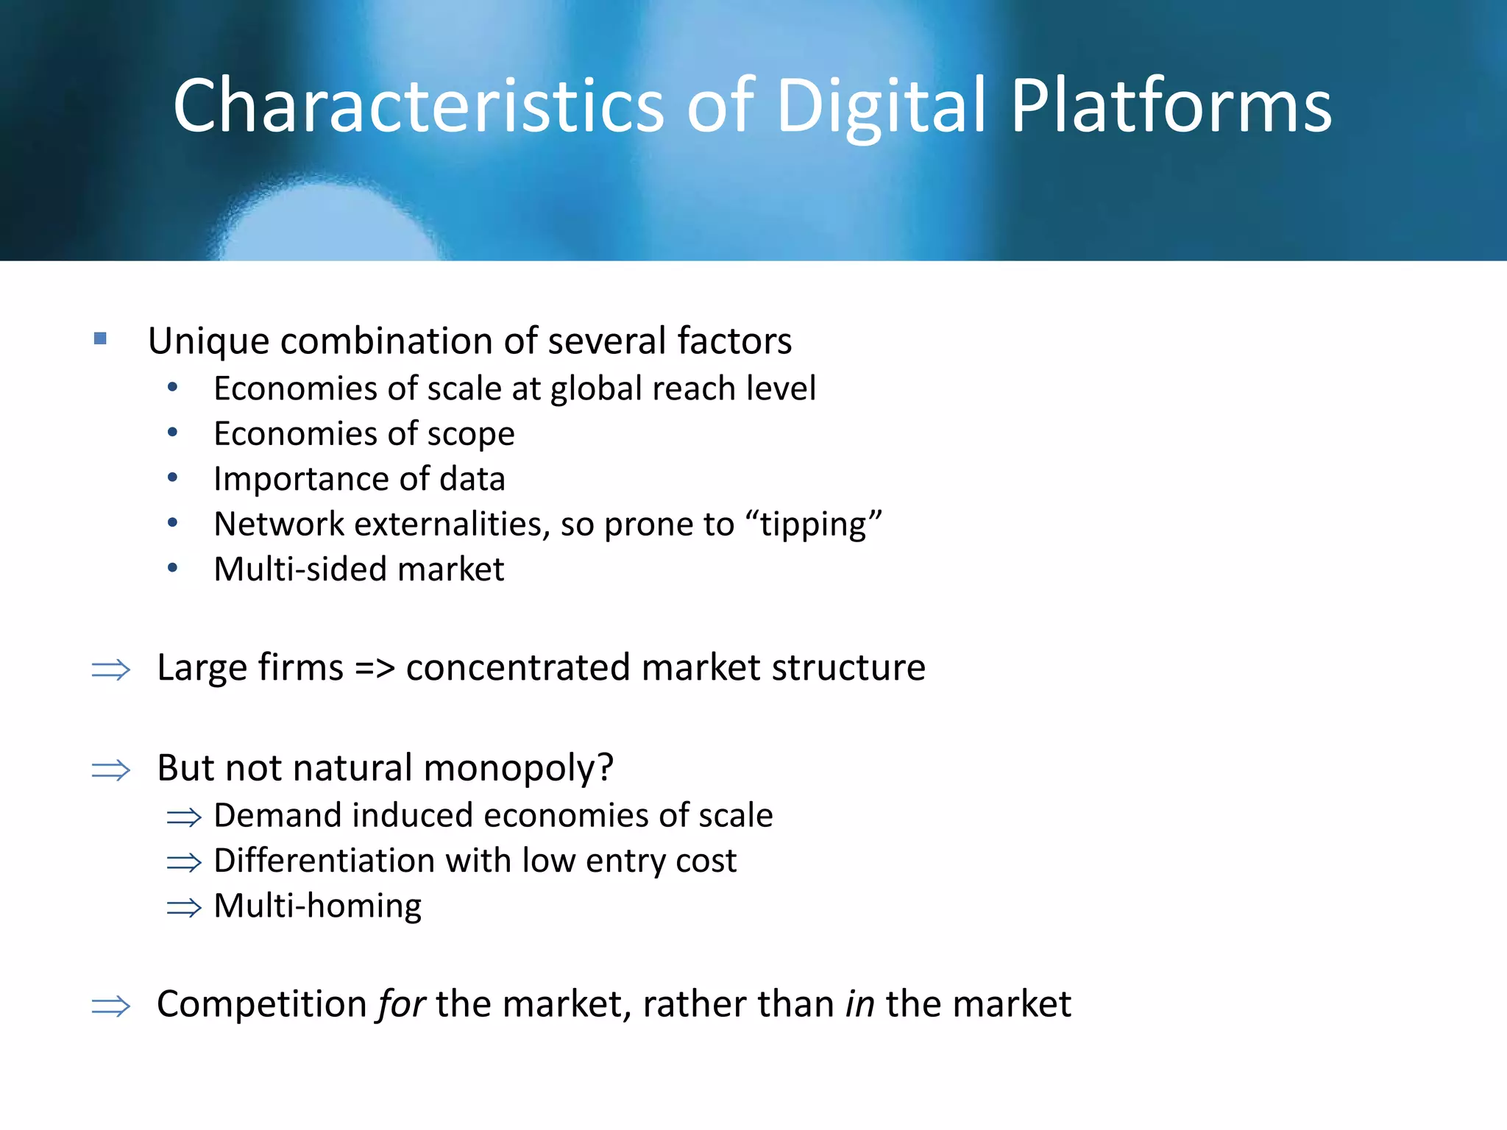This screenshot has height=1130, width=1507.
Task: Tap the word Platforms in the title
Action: click(x=1170, y=107)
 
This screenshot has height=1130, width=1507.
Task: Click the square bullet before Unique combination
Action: click(x=101, y=338)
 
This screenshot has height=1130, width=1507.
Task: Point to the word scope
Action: click(x=471, y=435)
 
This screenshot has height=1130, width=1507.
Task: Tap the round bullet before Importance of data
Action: click(x=172, y=477)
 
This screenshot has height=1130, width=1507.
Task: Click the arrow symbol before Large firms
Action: click(x=111, y=669)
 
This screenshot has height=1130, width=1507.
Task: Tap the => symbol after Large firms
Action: click(x=375, y=668)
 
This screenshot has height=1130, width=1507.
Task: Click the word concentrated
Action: click(x=519, y=668)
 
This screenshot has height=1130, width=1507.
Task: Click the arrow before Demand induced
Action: click(x=184, y=817)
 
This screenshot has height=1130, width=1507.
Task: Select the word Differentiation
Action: click(x=325, y=861)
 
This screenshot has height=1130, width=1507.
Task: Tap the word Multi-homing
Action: click(x=317, y=906)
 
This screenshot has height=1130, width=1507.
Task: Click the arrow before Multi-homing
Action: click(x=184, y=908)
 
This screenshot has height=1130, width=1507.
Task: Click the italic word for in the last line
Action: click(x=401, y=1005)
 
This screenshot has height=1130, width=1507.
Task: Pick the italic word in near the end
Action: click(x=859, y=1005)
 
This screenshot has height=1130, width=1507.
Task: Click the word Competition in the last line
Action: click(x=262, y=1005)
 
